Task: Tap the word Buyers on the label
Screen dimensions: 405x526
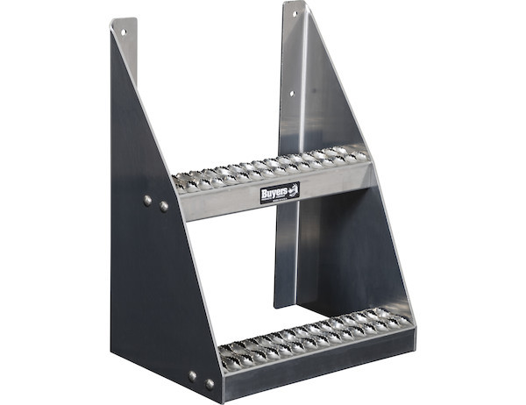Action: (x=274, y=191)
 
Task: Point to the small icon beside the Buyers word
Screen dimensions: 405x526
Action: (x=293, y=189)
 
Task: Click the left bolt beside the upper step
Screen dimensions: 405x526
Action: (x=147, y=201)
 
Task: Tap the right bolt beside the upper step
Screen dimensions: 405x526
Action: (x=164, y=207)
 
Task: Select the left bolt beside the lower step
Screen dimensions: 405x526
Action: (x=193, y=375)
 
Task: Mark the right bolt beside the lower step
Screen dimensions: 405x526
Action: (x=210, y=383)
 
